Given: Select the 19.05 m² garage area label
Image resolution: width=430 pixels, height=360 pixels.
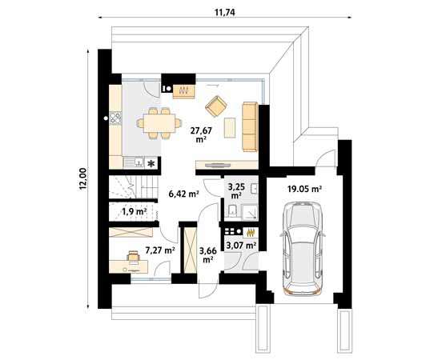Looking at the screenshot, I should [304, 190].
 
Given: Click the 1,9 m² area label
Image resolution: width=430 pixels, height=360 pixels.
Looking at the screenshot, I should [133, 212].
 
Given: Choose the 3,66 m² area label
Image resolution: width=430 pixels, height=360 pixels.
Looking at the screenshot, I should [207, 254].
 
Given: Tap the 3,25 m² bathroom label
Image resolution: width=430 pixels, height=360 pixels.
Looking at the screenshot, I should [237, 190].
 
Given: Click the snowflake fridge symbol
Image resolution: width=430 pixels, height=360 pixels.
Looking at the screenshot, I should [150, 162].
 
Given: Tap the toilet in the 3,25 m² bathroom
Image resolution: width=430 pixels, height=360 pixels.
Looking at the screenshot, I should [230, 210].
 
